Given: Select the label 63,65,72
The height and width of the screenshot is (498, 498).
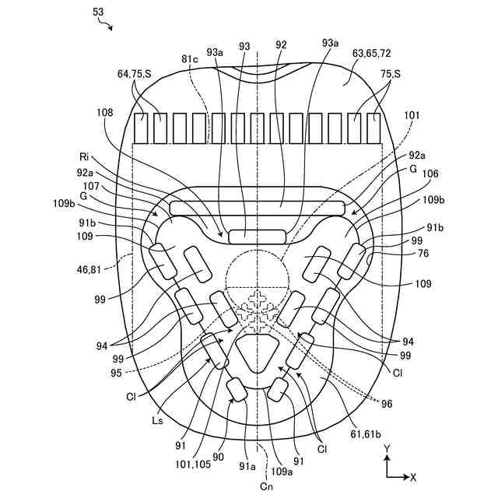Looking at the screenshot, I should [371, 54].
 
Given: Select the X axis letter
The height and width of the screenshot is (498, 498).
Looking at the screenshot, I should [413, 476].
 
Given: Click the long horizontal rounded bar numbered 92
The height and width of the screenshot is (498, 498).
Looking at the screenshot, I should [256, 208].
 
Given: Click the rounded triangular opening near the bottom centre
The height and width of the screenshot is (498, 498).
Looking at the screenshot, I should [257, 357].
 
